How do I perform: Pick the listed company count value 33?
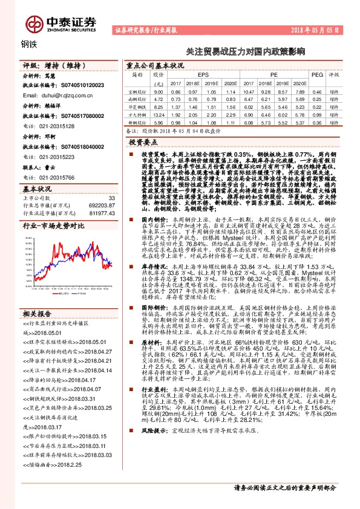pyautogui.click(x=111, y=198)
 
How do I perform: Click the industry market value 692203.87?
pyautogui.click(x=102, y=205)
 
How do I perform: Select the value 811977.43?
pyautogui.click(x=102, y=212)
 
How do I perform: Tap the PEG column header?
pyautogui.click(x=317, y=73)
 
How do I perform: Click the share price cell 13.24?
pyautogui.click(x=159, y=114)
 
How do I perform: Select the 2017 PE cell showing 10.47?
pyautogui.click(x=249, y=91)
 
